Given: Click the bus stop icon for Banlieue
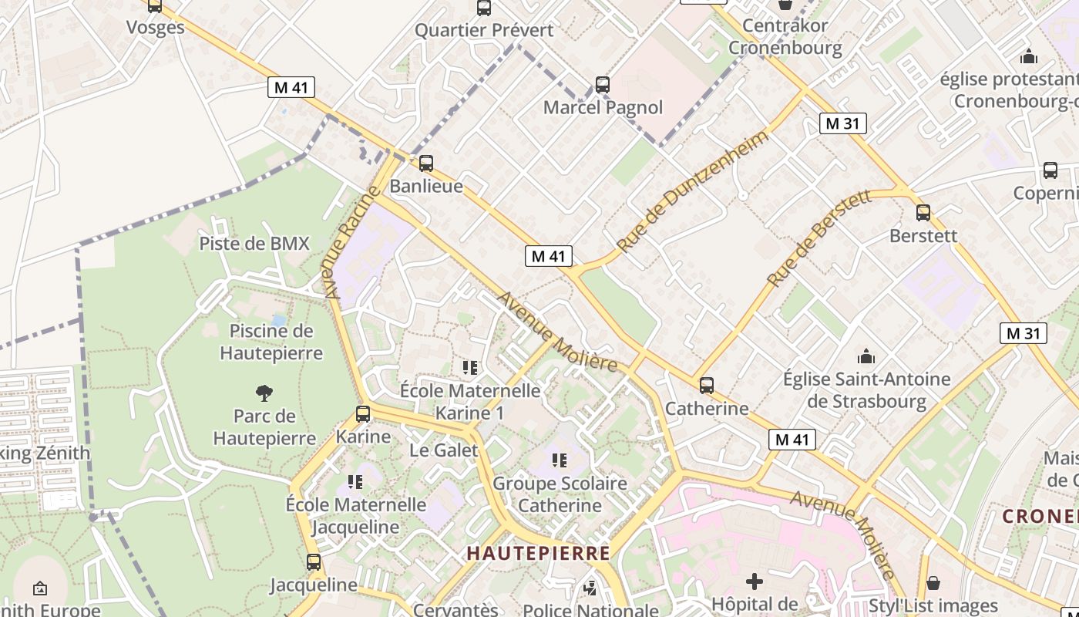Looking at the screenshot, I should (425, 164).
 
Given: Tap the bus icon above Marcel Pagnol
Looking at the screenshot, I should (603, 85).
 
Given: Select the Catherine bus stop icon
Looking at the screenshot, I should (707, 386).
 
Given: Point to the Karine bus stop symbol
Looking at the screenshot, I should (363, 414).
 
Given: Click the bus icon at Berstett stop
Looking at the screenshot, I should (923, 213).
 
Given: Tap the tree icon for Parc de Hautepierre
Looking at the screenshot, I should (264, 393).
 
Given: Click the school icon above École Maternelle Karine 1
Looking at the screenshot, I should (470, 368).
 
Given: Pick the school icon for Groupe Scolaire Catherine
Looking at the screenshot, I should (560, 460).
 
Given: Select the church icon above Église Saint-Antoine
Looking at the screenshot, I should (866, 356).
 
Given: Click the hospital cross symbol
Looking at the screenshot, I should (755, 581).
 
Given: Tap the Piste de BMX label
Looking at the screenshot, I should (254, 244).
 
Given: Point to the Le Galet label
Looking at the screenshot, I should (444, 450).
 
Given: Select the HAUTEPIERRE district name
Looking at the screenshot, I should (539, 553).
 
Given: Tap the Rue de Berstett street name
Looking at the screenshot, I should (820, 238).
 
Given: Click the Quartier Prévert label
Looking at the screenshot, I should (484, 30).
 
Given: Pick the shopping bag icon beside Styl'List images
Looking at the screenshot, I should (933, 583).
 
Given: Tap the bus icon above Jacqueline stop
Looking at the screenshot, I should (314, 562).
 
